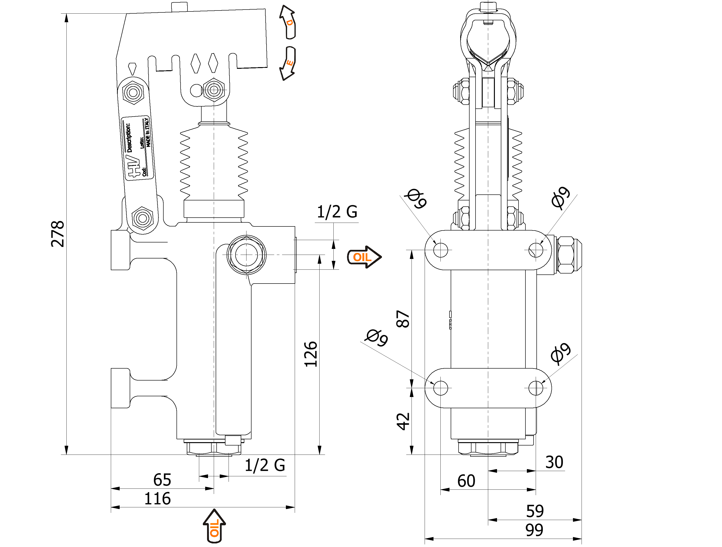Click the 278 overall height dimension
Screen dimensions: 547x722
[58, 234]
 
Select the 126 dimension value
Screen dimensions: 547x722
[311, 354]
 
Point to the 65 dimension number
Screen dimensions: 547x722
[162, 480]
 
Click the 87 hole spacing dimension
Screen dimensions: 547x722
[403, 319]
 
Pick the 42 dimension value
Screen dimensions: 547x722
[403, 421]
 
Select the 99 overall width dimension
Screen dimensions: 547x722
[534, 530]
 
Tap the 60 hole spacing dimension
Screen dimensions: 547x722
[466, 481]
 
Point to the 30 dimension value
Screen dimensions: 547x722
[554, 462]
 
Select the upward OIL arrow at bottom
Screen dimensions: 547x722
[214, 526]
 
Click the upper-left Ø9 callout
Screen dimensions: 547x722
[416, 198]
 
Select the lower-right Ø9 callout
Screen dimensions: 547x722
[561, 353]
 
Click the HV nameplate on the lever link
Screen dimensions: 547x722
[137, 148]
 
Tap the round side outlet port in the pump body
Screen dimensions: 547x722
[246, 255]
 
